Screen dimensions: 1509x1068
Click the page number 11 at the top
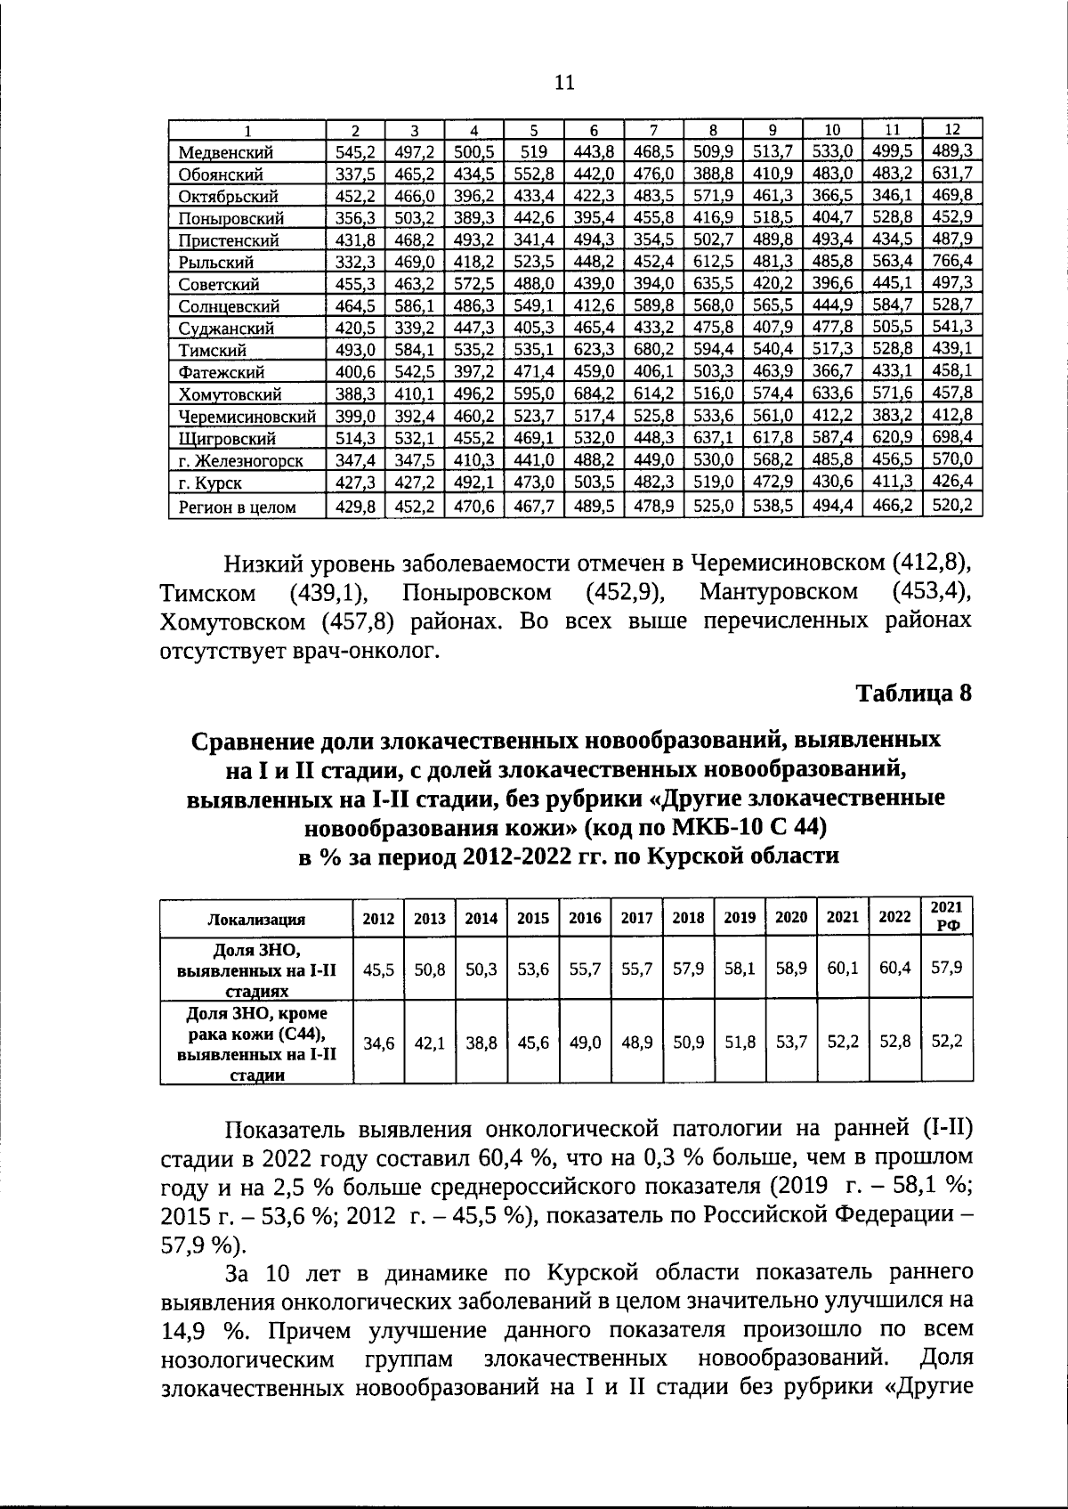564,83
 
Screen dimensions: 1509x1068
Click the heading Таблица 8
913,693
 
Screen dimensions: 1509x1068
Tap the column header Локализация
256,920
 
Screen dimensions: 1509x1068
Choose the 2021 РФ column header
947,915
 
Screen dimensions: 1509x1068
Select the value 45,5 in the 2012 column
379,967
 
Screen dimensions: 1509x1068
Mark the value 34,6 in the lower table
379,1043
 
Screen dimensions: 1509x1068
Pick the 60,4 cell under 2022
894,967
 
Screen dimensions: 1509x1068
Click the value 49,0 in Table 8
585,1043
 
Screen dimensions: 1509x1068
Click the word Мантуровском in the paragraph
779,592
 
